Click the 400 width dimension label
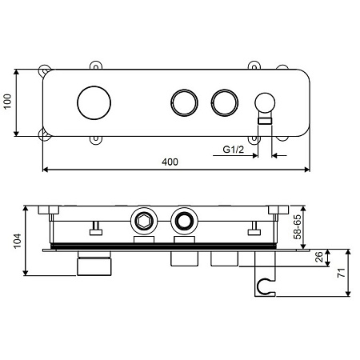tap(170, 162)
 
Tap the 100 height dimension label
tap(7, 102)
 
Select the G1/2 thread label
tap(234, 150)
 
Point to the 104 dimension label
tap(18, 241)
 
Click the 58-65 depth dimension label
tap(297, 227)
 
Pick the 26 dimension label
tap(319, 257)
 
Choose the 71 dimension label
tap(342, 273)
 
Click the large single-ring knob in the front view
tap(94, 102)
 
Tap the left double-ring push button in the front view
tap(184, 102)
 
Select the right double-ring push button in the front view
tap(225, 102)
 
